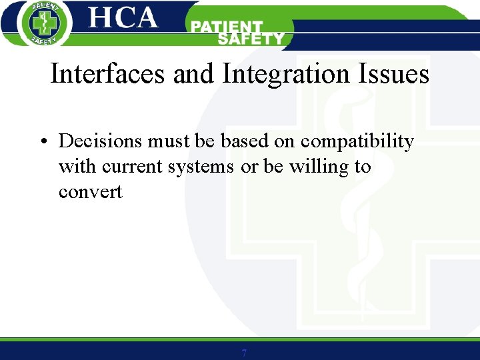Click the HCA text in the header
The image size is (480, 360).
[123, 18]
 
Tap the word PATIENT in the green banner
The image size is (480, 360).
[227, 27]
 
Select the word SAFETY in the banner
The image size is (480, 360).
[251, 39]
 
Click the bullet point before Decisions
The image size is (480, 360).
[42, 142]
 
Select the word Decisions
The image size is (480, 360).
[101, 141]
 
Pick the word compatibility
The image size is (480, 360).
[357, 142]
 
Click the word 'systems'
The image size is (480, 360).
[201, 167]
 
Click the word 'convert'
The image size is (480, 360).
[91, 192]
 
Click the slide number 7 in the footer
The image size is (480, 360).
[244, 353]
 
